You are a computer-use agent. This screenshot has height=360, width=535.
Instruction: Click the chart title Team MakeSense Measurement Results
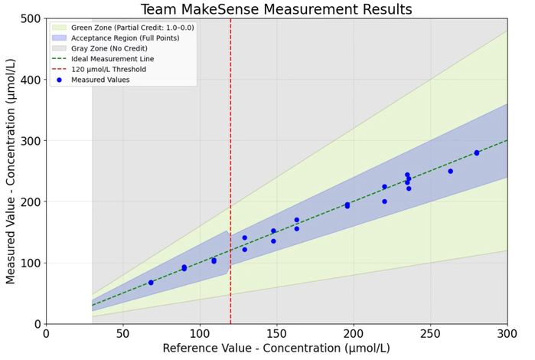click(276, 9)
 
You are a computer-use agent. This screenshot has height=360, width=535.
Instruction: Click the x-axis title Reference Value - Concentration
click(276, 349)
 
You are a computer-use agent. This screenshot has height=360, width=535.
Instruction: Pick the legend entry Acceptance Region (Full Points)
click(116, 38)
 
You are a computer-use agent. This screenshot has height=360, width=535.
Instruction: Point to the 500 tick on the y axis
click(30, 18)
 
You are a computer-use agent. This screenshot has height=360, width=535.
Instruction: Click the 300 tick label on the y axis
click(30, 141)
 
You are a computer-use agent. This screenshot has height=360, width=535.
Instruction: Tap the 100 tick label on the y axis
click(30, 263)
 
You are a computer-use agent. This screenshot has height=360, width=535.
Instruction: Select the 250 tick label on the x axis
click(430, 334)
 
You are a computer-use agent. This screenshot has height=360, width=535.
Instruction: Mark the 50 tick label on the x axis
click(123, 334)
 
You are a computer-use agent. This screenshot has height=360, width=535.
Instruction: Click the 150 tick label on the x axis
click(276, 334)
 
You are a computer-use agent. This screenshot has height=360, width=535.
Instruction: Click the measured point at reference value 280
click(476, 152)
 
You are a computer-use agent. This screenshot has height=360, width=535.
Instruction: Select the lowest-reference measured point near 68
click(151, 283)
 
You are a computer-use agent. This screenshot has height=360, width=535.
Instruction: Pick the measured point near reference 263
click(450, 171)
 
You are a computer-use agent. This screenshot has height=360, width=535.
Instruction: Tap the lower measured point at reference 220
click(384, 201)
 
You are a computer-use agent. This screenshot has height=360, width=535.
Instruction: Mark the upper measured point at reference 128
click(244, 237)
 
